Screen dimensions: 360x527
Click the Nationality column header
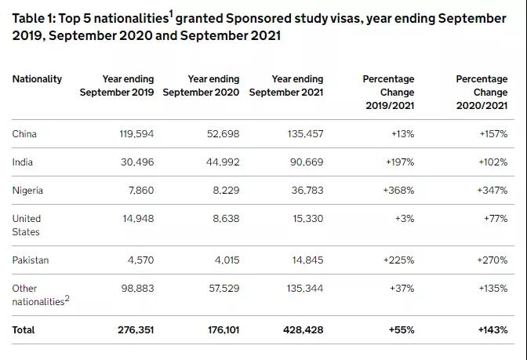click(37, 79)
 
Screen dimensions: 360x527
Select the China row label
click(24, 134)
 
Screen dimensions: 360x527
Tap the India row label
click(23, 162)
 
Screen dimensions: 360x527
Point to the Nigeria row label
click(27, 191)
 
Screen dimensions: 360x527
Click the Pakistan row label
click(30, 260)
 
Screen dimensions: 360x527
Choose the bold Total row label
click(24, 330)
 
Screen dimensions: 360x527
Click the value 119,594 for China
click(136, 134)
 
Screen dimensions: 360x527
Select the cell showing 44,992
click(222, 162)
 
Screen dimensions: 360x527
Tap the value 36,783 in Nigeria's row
click(306, 191)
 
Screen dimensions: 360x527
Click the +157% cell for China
click(493, 134)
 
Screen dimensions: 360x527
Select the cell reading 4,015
click(226, 260)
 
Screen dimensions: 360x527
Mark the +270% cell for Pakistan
click(493, 260)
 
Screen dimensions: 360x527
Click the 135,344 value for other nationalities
click(304, 289)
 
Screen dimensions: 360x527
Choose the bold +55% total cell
click(402, 330)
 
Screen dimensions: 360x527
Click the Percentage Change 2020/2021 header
click(482, 93)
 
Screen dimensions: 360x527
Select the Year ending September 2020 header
click(202, 85)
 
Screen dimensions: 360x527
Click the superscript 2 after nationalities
click(67, 298)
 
